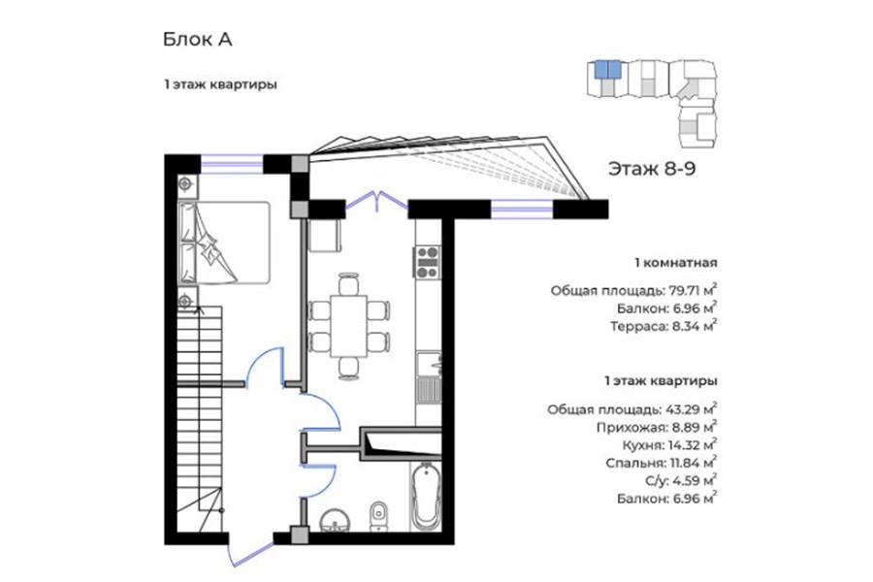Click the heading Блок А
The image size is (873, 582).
[x=197, y=40]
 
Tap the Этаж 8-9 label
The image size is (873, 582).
[x=652, y=168]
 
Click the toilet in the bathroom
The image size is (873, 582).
[x=379, y=514]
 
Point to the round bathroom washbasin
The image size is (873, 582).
[x=336, y=519]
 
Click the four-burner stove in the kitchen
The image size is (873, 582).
[x=427, y=262]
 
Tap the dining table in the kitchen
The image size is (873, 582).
[x=348, y=326]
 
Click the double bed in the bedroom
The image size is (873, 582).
[x=224, y=242]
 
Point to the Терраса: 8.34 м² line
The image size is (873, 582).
[x=663, y=326]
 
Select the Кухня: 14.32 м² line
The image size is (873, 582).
[x=669, y=445]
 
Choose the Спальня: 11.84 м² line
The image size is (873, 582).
[x=662, y=463]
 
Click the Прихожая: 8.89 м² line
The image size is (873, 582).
[x=657, y=428]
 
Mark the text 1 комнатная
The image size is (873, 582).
[x=676, y=263]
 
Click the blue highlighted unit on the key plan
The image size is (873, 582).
[x=607, y=70]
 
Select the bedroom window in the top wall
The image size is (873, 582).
[x=232, y=164]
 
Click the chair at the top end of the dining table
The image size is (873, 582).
[x=348, y=283]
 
